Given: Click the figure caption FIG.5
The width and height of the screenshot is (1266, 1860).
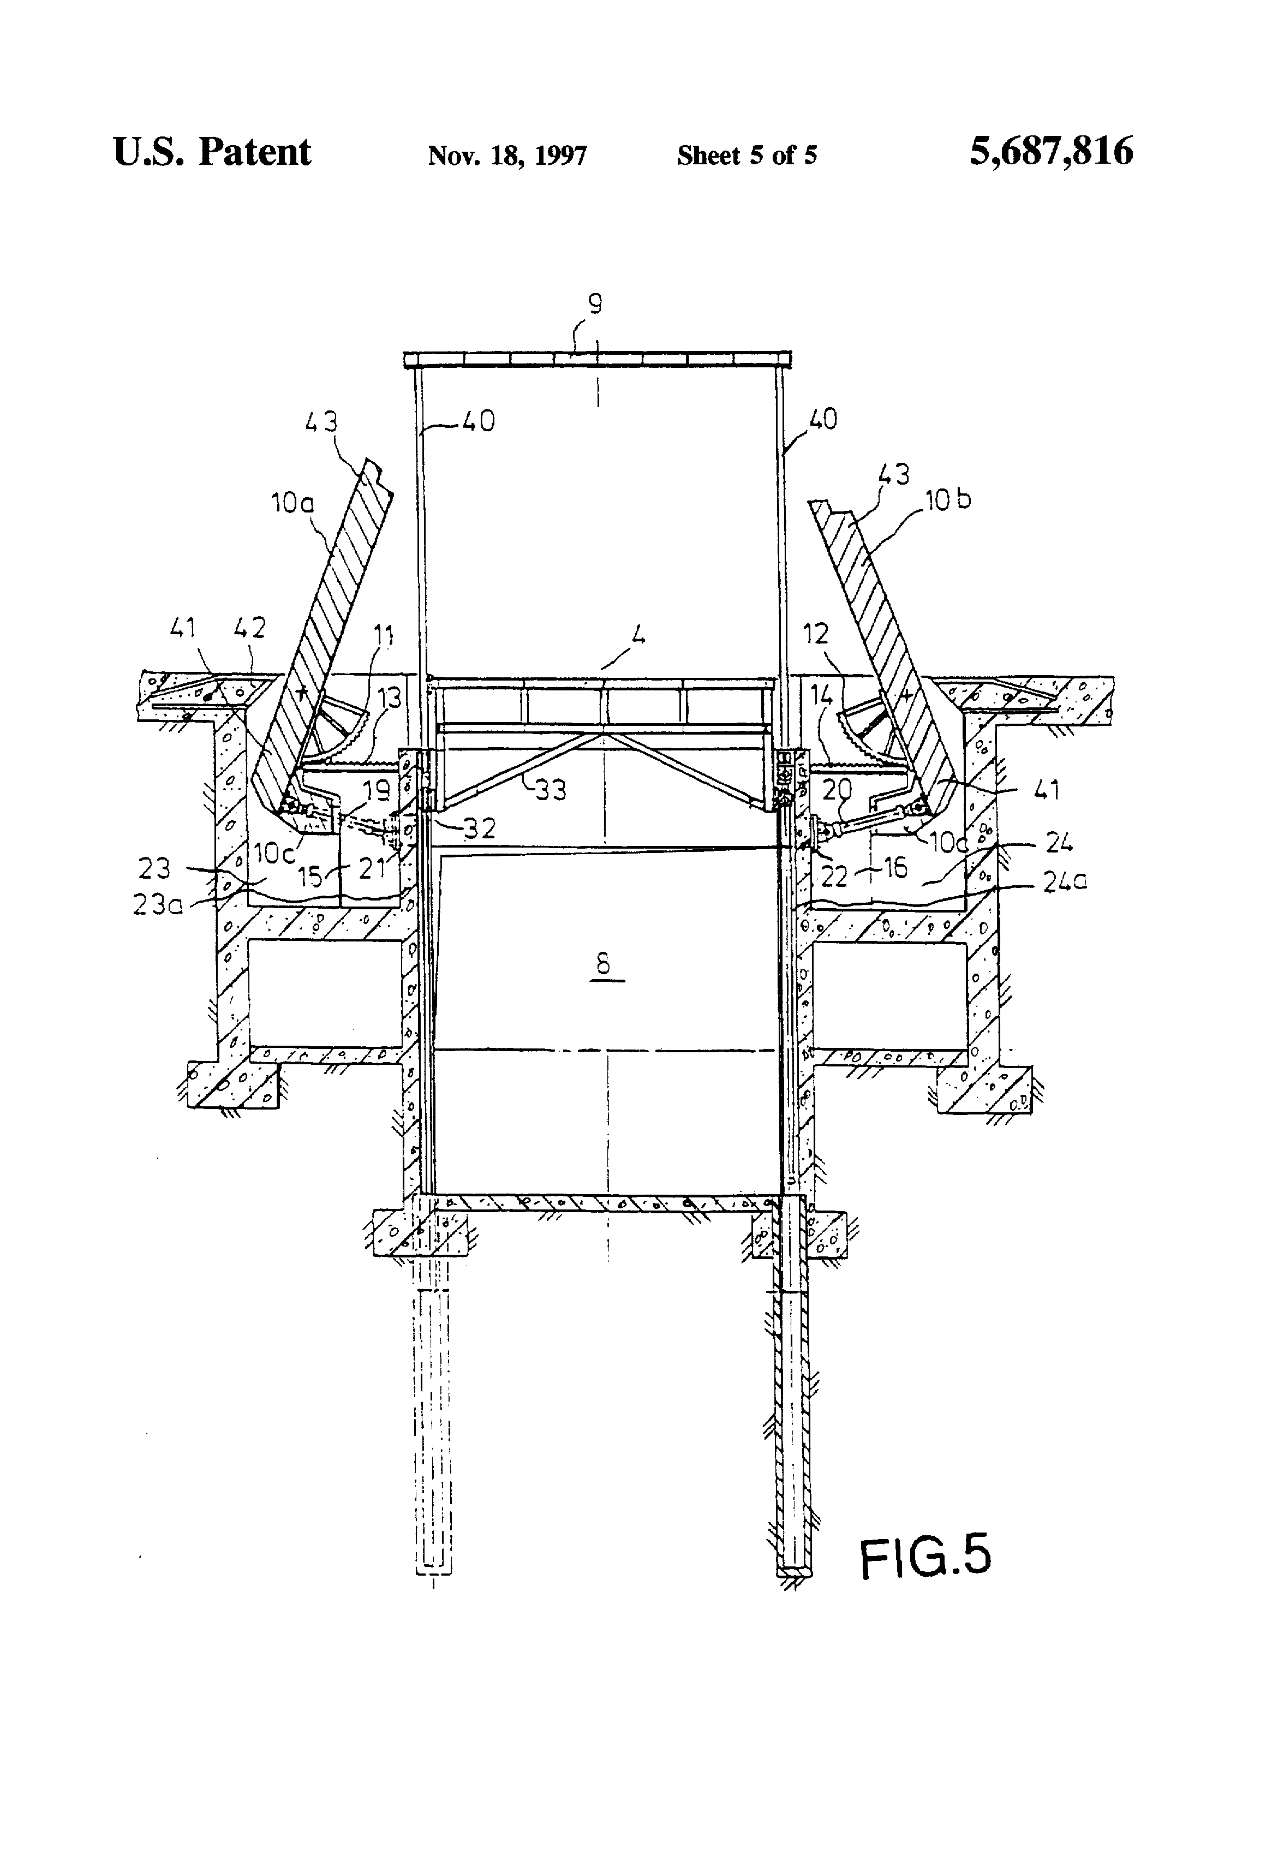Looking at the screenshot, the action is coord(925,1557).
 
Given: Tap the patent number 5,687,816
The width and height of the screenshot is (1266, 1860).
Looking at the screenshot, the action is coord(1051,151).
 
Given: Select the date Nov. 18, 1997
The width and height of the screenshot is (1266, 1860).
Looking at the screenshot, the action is coord(507,154).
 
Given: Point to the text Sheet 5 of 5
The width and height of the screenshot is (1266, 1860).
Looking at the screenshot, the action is coord(747,154).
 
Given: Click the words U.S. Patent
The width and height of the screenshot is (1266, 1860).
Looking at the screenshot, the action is coord(212,152).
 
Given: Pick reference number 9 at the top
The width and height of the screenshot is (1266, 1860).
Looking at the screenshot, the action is coord(595,304).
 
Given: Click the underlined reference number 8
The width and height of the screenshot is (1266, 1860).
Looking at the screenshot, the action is coord(604,964).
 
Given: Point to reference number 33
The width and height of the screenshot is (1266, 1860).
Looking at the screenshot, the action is coord(549,790).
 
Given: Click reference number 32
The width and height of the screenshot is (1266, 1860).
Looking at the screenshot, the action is coord(479,827).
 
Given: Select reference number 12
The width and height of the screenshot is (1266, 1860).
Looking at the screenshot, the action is coord(815,635).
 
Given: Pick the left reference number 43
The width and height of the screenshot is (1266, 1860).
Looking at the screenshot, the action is coord(321,422).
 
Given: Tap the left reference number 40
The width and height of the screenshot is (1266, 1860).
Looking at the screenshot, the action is coord(479,421).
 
